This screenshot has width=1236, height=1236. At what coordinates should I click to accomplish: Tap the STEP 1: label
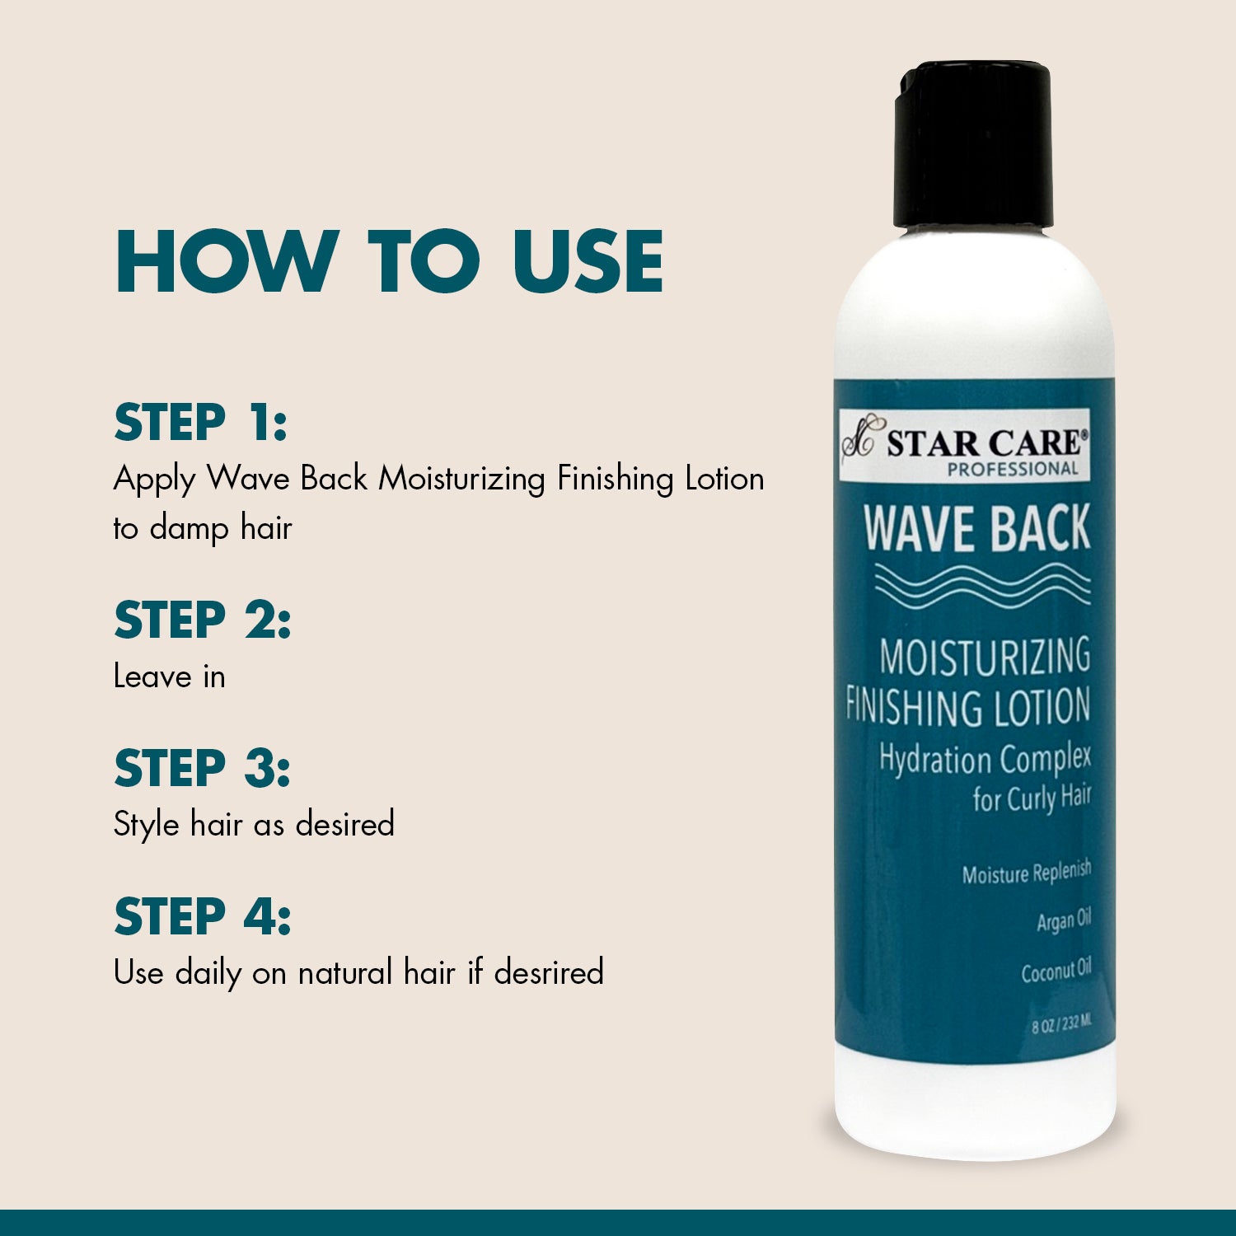point(200,423)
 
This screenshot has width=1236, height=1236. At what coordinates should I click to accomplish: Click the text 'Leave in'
point(169,677)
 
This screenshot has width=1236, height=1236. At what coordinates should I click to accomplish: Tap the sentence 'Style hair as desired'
point(254,825)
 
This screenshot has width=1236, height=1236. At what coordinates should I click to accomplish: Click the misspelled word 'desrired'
point(549,972)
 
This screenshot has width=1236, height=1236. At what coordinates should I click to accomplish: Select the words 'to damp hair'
point(203,528)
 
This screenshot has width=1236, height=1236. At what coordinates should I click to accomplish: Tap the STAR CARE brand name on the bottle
point(987,442)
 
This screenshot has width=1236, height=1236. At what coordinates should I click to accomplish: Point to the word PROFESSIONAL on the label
point(1013,469)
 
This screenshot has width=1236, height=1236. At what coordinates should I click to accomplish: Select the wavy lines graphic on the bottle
point(982,586)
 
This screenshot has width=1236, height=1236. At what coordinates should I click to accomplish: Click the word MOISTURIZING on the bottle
point(985,657)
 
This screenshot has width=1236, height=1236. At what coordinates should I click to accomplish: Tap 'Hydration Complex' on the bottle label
point(986,759)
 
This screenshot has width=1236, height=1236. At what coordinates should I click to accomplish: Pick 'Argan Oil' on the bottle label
point(1064,920)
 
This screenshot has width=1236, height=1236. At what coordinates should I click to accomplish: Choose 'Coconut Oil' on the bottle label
point(1056,971)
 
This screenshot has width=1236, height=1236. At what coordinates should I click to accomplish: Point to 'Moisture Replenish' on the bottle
point(1027,873)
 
